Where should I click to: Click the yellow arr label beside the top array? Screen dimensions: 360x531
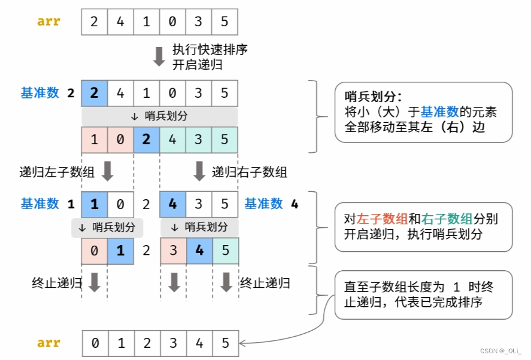click(x=49, y=21)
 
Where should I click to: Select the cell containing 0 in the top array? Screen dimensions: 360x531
click(x=172, y=22)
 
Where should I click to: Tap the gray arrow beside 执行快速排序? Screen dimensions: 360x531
click(x=159, y=56)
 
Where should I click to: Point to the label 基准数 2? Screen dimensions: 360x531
click(x=48, y=93)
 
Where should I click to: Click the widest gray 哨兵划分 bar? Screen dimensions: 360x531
click(x=159, y=116)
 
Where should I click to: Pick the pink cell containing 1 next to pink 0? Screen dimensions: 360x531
click(x=94, y=139)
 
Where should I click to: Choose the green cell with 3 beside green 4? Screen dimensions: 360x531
click(x=198, y=139)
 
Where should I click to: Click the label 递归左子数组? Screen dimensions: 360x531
click(x=57, y=172)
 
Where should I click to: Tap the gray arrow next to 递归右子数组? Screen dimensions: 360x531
click(x=199, y=171)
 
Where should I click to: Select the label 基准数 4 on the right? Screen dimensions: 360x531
click(x=271, y=204)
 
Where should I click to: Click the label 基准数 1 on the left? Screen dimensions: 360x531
click(x=48, y=204)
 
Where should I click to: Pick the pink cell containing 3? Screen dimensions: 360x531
click(x=173, y=251)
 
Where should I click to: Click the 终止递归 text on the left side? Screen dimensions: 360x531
click(x=57, y=283)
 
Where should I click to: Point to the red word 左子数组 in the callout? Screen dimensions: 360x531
click(x=378, y=219)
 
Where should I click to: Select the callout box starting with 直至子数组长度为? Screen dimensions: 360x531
click(x=423, y=295)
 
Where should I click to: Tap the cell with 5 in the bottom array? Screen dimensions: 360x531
click(x=225, y=343)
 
